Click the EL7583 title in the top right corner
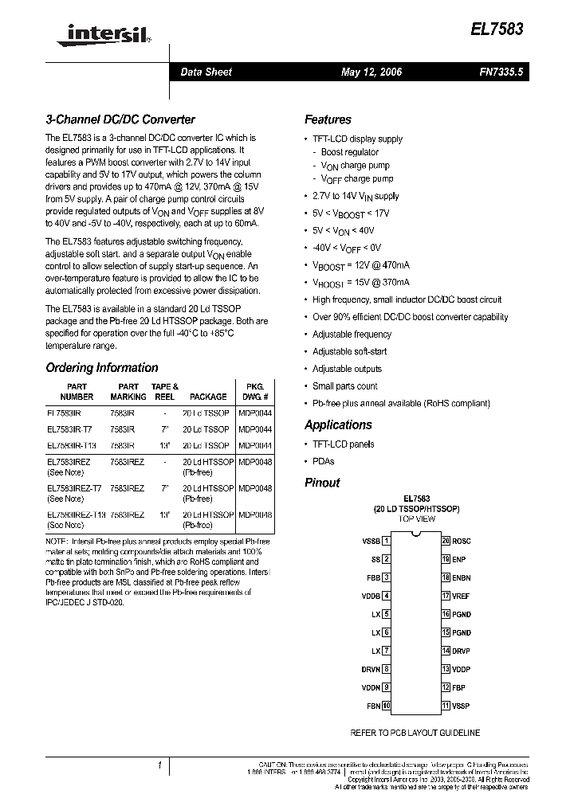[500, 27]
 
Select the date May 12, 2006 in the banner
[372, 72]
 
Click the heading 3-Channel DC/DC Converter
[120, 119]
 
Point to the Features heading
[328, 119]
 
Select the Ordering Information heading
[102, 368]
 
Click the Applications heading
[338, 425]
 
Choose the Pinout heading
[322, 483]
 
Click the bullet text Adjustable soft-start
[349, 351]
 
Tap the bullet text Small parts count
[344, 386]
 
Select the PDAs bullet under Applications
[323, 461]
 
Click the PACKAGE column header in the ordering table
[208, 397]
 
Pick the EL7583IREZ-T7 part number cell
[74, 489]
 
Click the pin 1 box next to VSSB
[387, 541]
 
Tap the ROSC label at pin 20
[462, 541]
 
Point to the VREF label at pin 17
[462, 596]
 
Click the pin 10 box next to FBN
[387, 706]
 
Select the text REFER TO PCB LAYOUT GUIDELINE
[415, 733]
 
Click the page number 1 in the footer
[160, 765]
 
